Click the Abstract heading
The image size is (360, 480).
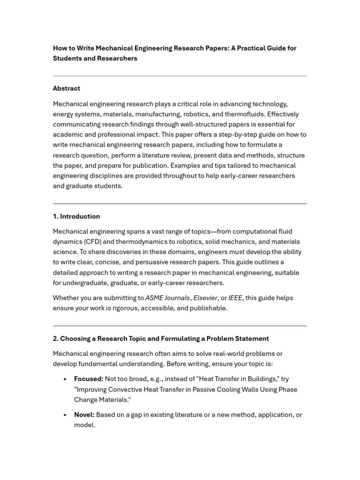(66, 88)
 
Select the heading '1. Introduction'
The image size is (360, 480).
(76, 216)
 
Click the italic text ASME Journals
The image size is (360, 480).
(167, 298)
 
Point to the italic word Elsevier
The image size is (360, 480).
(206, 298)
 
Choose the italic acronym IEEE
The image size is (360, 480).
(235, 298)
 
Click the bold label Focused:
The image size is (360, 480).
(89, 379)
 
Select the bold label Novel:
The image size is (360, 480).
(84, 414)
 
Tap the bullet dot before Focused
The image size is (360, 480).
(65, 379)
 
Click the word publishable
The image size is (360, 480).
(208, 308)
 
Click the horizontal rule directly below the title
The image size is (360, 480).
(180, 76)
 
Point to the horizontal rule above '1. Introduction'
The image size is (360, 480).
(180, 203)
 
